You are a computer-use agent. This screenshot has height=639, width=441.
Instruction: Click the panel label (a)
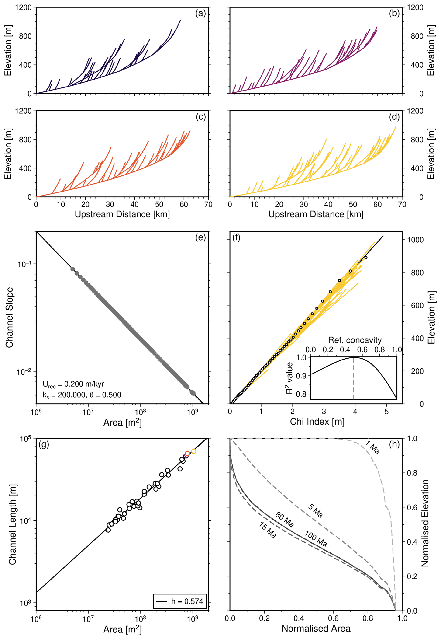point(200,14)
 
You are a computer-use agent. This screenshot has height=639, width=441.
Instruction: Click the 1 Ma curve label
point(372,447)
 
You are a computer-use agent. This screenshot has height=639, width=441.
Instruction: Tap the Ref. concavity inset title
point(355,340)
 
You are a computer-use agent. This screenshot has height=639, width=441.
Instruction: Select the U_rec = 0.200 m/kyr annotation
point(73,384)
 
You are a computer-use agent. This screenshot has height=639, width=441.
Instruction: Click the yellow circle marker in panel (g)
point(193,451)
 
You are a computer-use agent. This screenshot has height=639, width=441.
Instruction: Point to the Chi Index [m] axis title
point(317,421)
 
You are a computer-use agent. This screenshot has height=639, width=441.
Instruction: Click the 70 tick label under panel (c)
point(208,204)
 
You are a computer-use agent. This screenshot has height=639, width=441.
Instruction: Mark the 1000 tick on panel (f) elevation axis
point(415,240)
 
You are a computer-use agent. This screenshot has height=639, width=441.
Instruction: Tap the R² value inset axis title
point(289,378)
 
